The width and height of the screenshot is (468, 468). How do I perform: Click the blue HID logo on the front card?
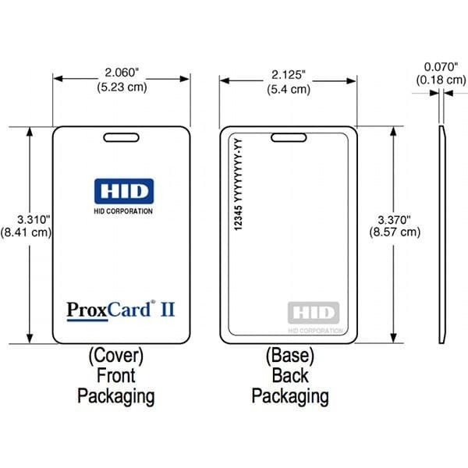pos(123,190)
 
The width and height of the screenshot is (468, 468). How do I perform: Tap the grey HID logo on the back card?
pos(314,314)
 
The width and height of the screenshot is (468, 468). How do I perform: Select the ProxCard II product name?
pos(120,309)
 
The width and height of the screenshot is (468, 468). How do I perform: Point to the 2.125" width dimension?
pos(288,75)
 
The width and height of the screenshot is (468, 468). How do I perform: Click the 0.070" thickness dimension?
pos(441,67)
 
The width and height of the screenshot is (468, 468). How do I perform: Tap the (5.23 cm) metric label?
pos(121,87)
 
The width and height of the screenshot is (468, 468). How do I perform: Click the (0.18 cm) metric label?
pos(441,80)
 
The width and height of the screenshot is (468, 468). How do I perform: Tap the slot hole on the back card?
pos(288,138)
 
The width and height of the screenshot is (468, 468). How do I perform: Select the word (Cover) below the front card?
pos(115,356)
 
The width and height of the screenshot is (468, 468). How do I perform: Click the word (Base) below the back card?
pos(289,356)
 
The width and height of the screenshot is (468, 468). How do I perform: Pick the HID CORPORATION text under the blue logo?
pos(123,211)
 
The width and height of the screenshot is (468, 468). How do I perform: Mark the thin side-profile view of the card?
pos(442,234)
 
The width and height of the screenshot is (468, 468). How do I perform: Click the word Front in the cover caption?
pos(115,376)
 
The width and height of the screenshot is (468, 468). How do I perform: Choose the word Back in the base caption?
pos(289,376)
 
